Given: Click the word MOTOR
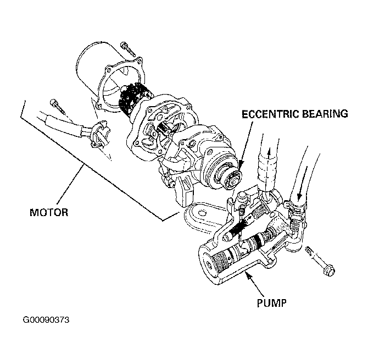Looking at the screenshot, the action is [49, 212].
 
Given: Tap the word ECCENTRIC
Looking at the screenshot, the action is [270, 114].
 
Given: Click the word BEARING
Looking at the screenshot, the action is [325, 114].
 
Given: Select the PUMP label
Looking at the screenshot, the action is [271, 303].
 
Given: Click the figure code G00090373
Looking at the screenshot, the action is [46, 320].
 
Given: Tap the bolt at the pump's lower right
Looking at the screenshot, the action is [320, 261].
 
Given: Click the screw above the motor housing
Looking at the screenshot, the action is [128, 49].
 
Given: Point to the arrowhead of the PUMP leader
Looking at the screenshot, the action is [247, 275].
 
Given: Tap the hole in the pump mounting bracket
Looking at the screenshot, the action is [200, 213].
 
